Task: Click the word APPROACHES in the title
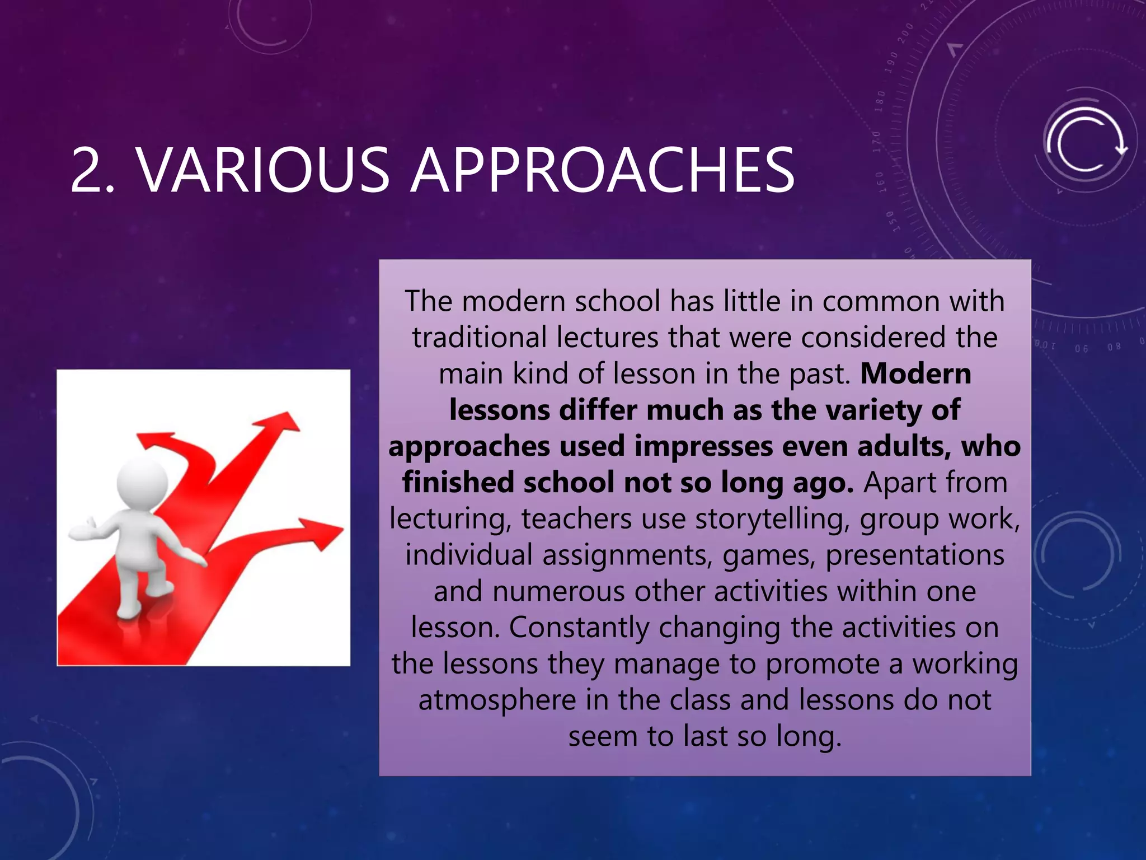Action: [603, 170]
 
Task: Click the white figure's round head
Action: [142, 484]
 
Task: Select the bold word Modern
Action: [915, 373]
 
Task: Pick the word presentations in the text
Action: [915, 555]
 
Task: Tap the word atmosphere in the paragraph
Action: [497, 700]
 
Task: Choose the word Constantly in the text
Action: [579, 627]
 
